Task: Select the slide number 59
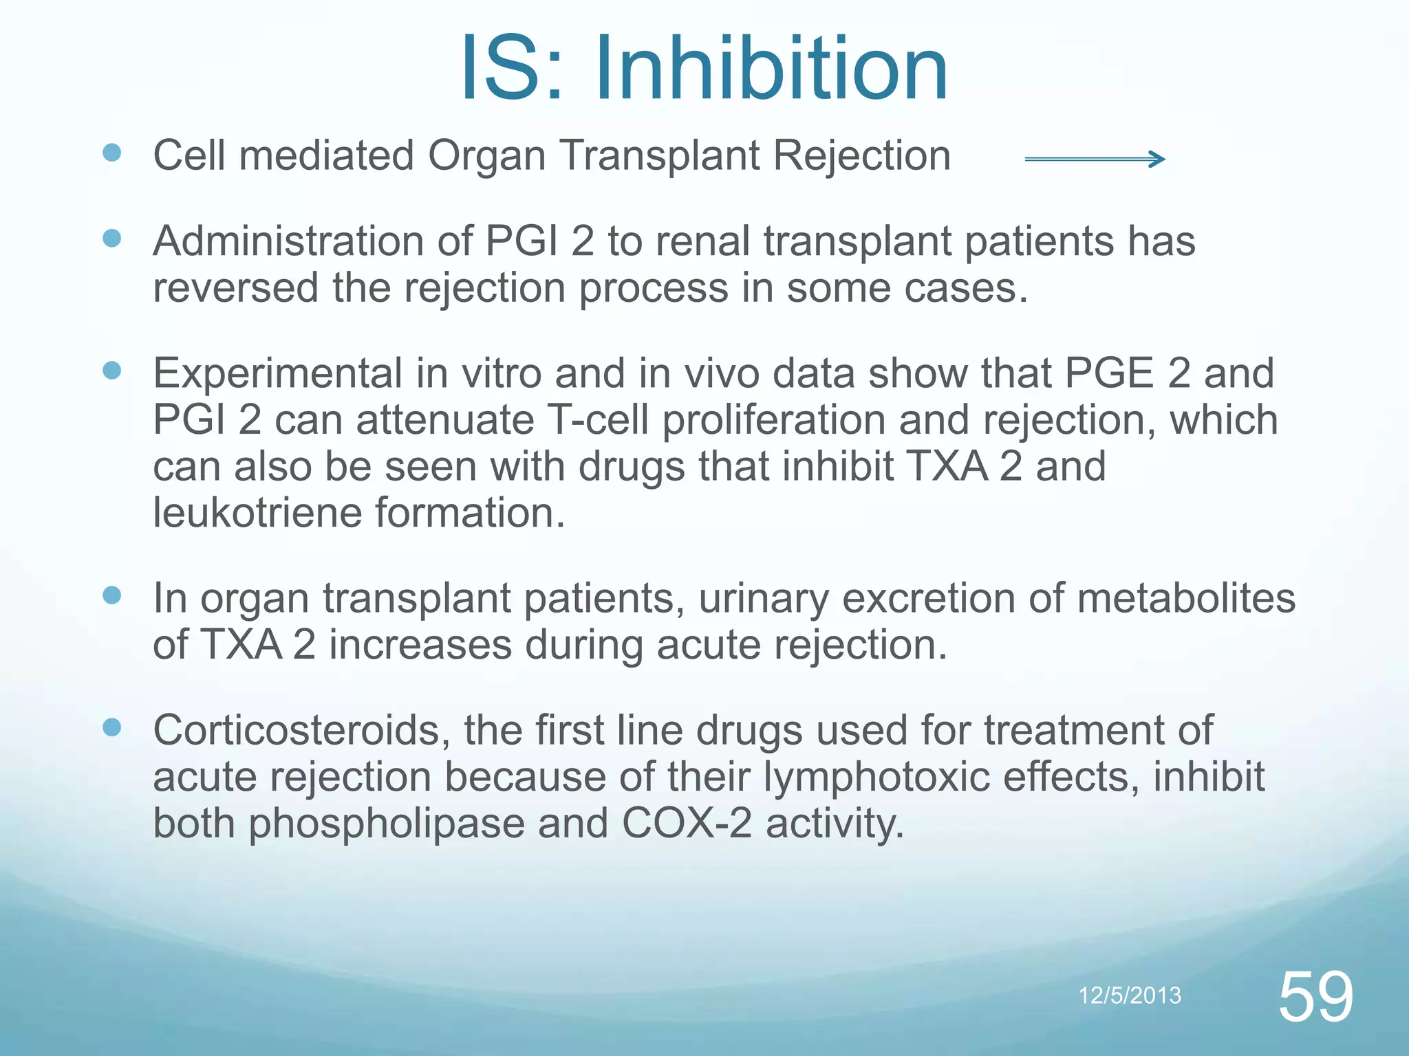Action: point(1315,997)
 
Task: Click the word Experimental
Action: point(277,373)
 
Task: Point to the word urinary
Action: point(763,598)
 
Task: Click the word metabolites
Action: point(1186,598)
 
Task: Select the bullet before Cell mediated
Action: point(111,153)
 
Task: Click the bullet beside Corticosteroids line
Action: point(111,727)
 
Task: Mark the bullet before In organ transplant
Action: point(111,595)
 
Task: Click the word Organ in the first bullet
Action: point(487,157)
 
